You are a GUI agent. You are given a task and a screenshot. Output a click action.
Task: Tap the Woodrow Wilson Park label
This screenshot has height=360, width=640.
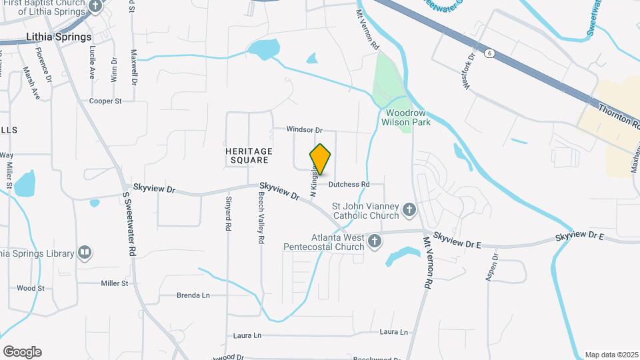(406, 118)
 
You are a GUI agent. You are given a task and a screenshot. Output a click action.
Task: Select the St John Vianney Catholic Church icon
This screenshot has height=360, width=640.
(409, 211)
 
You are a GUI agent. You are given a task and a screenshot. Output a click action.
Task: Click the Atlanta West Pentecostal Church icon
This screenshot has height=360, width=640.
(375, 241)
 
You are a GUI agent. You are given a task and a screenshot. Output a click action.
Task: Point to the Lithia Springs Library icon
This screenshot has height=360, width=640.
(84, 253)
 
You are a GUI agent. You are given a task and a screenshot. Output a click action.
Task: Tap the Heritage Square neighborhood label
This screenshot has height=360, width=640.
(247, 156)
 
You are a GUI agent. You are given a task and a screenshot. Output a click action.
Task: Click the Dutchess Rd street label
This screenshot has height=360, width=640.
(349, 184)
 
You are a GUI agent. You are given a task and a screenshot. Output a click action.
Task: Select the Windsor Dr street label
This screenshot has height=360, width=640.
(304, 130)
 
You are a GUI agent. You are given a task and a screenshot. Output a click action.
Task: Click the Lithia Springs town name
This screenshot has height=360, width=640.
(58, 37)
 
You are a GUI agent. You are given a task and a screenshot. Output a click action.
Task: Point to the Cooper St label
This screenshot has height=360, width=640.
(105, 101)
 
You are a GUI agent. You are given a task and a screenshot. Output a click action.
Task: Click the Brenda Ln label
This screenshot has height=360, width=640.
(193, 295)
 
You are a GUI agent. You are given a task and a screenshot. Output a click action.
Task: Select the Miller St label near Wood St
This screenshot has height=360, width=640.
(114, 283)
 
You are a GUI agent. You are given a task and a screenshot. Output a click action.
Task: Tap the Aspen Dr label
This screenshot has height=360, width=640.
(495, 267)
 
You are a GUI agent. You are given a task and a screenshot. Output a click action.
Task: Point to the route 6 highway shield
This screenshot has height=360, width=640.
(490, 53)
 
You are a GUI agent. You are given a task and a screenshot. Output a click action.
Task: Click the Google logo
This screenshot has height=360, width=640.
(22, 352)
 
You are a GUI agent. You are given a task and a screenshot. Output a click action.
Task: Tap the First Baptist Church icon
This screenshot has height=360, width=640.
(95, 7)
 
